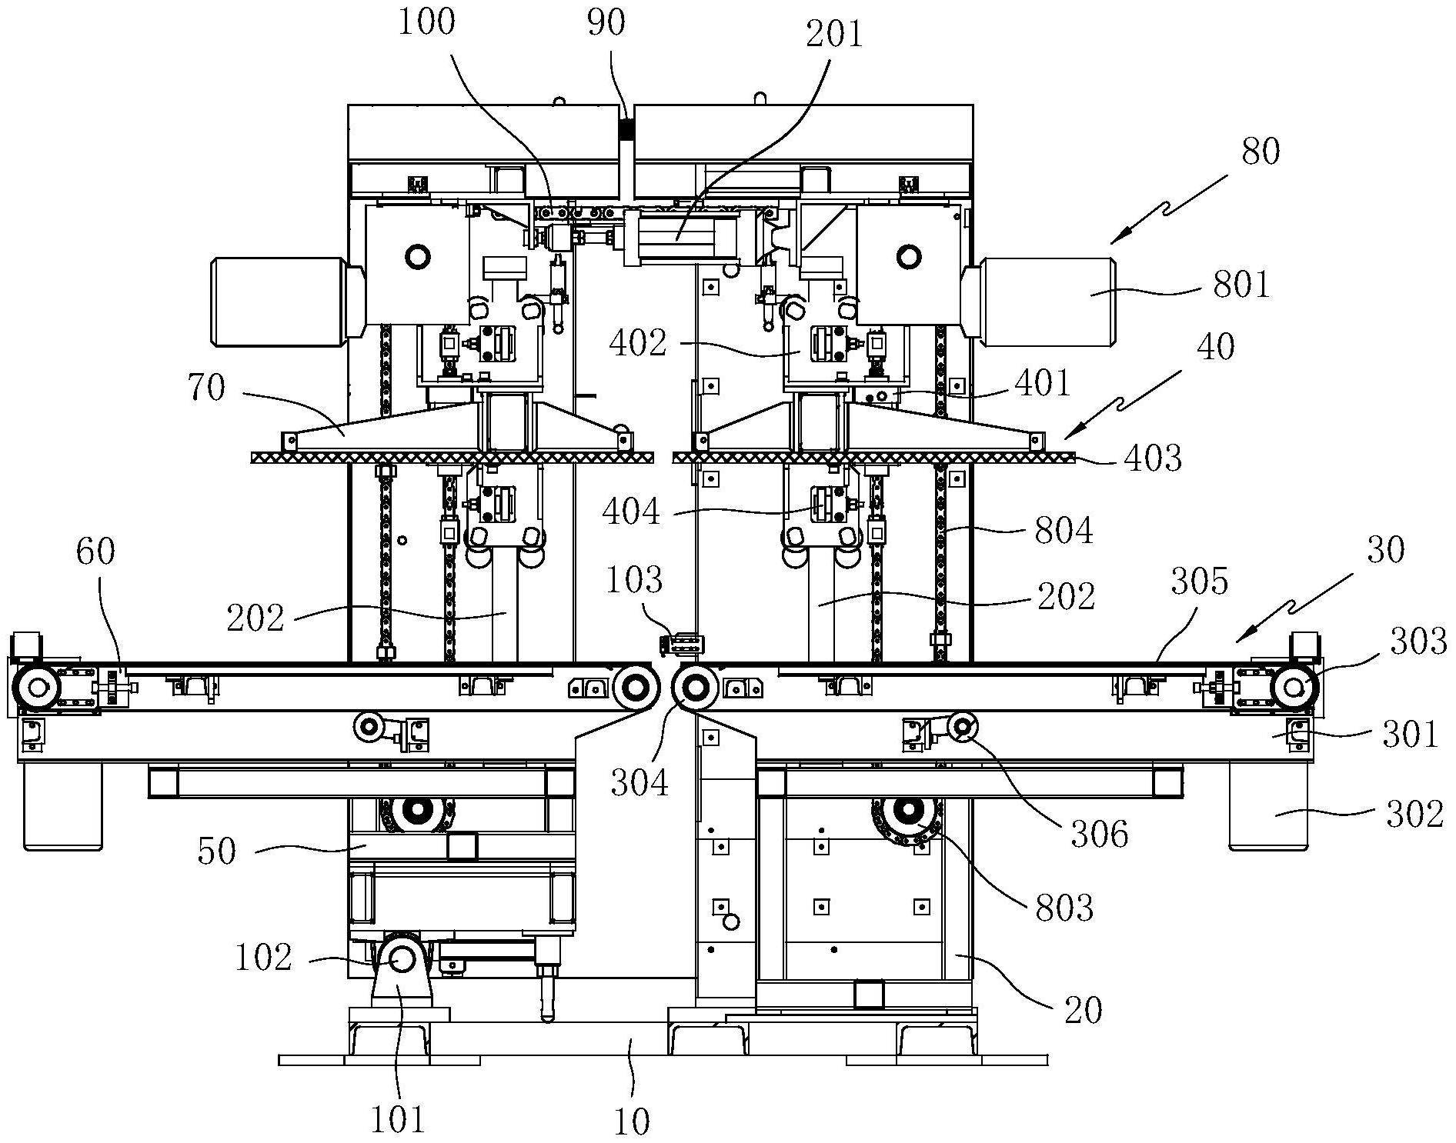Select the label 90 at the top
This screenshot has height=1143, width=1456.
(x=606, y=23)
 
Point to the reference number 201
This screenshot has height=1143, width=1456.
(x=835, y=35)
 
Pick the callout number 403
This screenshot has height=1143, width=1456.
(x=1152, y=458)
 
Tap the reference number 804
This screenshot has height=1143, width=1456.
(x=1064, y=530)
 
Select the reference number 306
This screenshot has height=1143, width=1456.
(x=1099, y=833)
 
